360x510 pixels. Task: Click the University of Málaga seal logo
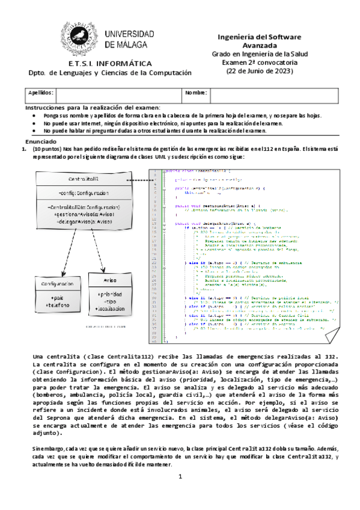click(x=81, y=36)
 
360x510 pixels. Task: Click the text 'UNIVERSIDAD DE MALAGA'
click(x=129, y=40)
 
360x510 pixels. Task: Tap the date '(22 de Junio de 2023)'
click(x=260, y=71)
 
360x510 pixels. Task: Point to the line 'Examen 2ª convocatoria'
click(x=260, y=62)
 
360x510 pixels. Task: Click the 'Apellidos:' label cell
click(x=41, y=93)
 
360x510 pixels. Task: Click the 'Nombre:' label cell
click(x=195, y=93)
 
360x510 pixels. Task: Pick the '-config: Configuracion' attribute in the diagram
click(x=84, y=193)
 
